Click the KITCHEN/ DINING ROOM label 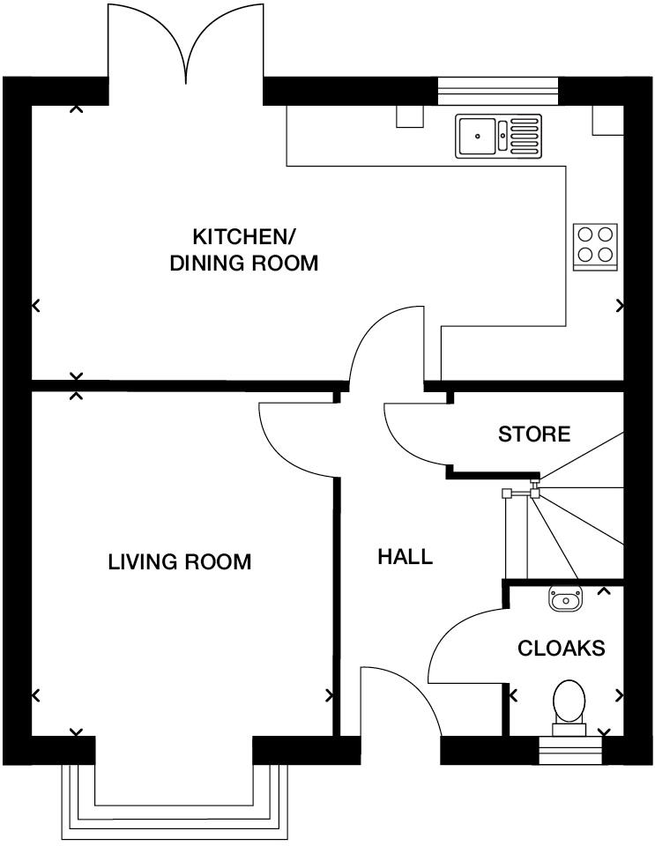(244, 249)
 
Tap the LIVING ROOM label (180, 562)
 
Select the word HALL (406, 557)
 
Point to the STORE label (534, 434)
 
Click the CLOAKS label (562, 649)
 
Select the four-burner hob (595, 246)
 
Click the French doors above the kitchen (186, 48)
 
